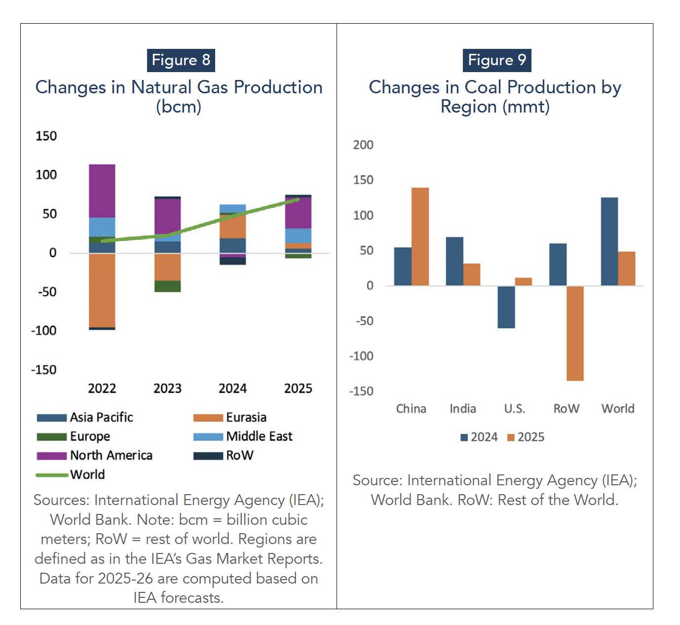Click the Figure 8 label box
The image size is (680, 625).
[181, 60]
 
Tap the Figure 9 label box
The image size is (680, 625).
[496, 60]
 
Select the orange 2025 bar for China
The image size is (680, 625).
[420, 236]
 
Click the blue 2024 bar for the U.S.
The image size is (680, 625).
[506, 307]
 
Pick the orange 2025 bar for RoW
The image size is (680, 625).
[575, 333]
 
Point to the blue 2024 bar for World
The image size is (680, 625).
[609, 241]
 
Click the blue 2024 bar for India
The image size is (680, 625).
[454, 261]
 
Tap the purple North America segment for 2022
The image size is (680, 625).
[102, 191]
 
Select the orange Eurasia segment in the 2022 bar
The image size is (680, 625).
[102, 290]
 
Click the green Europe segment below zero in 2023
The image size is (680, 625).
[167, 286]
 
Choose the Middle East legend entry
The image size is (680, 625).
[243, 436]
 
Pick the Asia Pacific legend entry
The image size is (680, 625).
[85, 418]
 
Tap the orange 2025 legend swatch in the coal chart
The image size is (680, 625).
[511, 437]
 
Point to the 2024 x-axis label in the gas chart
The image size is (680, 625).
[232, 389]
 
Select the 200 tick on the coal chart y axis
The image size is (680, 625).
[363, 145]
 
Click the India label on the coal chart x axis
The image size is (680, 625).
[462, 409]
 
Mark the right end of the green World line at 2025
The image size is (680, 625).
[298, 199]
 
